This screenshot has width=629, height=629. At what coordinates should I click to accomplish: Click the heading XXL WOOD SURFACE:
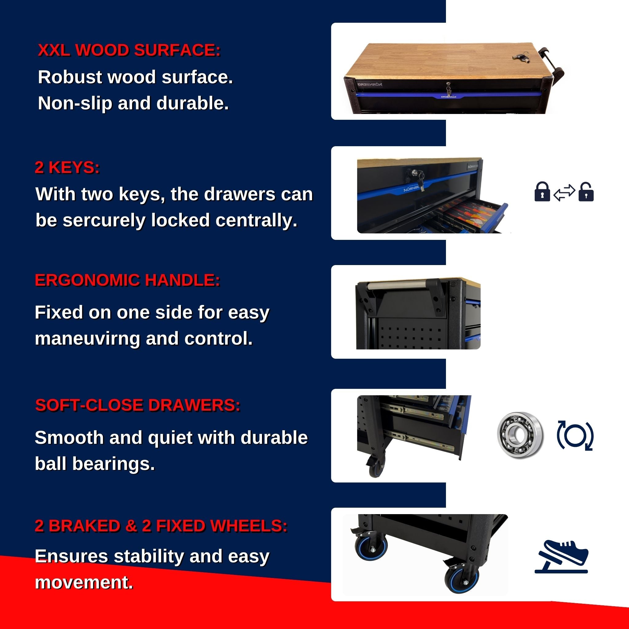click(x=129, y=50)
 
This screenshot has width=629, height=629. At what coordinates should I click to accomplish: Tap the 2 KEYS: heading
click(x=67, y=167)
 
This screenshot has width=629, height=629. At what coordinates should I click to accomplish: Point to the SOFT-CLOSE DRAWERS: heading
click(x=138, y=405)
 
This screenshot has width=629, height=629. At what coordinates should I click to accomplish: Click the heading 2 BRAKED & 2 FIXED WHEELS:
click(x=161, y=525)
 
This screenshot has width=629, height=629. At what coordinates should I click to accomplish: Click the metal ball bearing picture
click(x=520, y=435)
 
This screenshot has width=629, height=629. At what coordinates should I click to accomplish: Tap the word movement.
click(x=84, y=582)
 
